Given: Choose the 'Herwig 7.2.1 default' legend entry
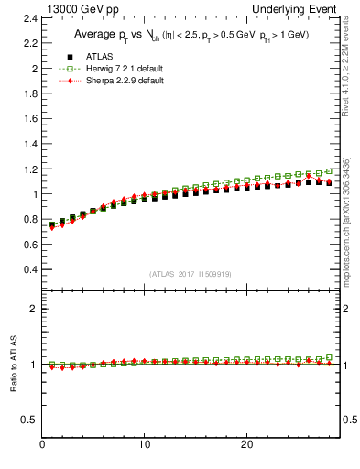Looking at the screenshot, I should coord(125,69).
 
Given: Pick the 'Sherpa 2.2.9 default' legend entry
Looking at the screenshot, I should coord(124,81).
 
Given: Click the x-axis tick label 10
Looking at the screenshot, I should coord(144,444).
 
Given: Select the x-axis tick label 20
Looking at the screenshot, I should coord(246,444).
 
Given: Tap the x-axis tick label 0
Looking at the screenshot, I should coord(42,444).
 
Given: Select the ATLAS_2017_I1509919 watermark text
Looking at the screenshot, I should coord(191,274).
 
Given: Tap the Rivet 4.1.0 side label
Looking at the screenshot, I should coord(346,55).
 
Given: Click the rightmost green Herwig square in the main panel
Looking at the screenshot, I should coord(330,170).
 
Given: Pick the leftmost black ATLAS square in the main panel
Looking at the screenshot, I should coord(52,224).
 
